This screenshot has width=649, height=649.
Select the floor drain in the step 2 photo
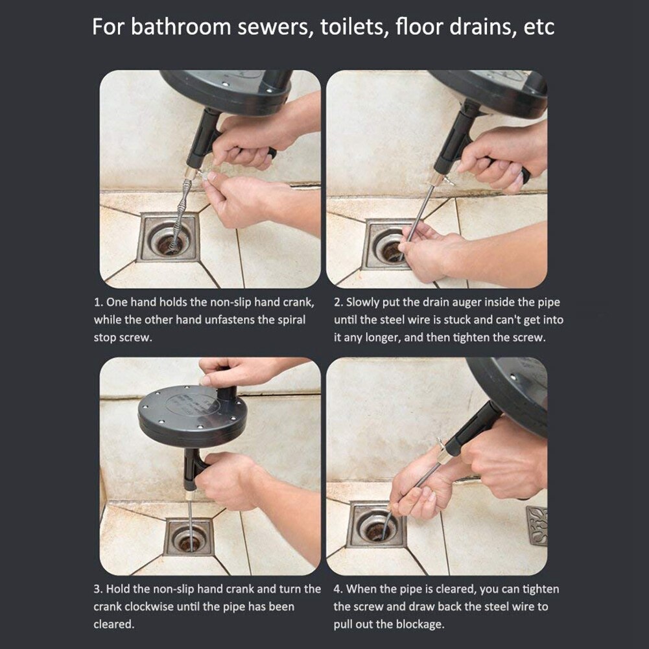[389, 245]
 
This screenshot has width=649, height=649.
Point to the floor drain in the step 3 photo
[188, 537]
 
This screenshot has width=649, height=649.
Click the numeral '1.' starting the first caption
[98, 303]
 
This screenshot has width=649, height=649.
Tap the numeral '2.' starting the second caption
[338, 303]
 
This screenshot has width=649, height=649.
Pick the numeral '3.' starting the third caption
[98, 589]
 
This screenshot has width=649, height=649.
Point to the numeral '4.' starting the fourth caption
[338, 589]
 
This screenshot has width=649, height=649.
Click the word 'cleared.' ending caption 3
[114, 625]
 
